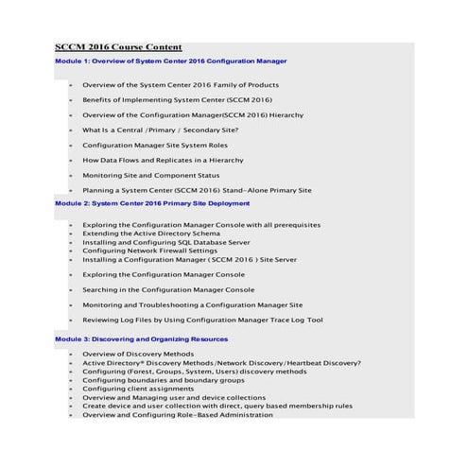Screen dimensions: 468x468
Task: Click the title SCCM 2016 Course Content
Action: [x=118, y=47]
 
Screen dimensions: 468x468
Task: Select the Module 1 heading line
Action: [x=170, y=61]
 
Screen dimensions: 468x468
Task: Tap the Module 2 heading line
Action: [x=151, y=202]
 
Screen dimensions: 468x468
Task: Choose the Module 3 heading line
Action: [x=141, y=338]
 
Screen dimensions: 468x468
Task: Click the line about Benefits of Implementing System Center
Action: [x=177, y=99]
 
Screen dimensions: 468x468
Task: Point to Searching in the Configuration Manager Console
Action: [x=168, y=289]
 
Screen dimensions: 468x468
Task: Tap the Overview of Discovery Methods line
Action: [x=138, y=355]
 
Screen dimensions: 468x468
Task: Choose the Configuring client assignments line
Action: [x=137, y=389]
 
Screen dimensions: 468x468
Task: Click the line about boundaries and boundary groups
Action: [x=163, y=380]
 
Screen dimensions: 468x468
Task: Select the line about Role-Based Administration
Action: [x=177, y=414]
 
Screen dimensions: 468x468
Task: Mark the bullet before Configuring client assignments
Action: [x=71, y=389]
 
